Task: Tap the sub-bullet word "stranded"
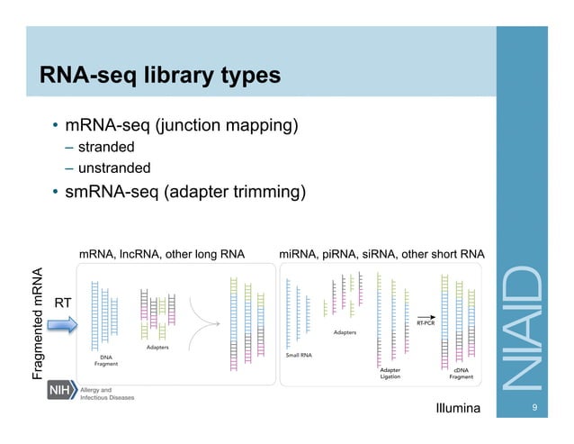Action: pos(105,147)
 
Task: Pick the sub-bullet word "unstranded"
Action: pos(113,168)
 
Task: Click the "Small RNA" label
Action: pos(299,355)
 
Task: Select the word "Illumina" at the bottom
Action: pos(458,409)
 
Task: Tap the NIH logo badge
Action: pos(59,392)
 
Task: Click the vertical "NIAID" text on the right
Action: pos(522,328)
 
